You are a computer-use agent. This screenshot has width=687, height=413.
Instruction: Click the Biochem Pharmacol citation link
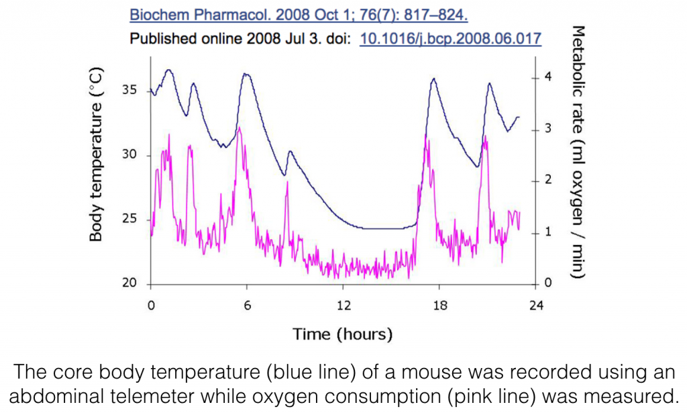click(299, 14)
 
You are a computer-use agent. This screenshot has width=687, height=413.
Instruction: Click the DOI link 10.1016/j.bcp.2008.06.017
click(451, 38)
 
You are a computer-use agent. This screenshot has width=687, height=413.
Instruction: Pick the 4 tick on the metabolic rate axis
click(548, 77)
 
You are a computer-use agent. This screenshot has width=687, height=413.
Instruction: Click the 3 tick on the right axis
click(548, 129)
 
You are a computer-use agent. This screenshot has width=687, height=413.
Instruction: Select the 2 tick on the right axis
click(548, 181)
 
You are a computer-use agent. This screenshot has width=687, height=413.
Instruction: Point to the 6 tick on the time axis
click(247, 306)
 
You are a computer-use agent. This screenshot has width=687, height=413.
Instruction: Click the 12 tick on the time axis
click(343, 306)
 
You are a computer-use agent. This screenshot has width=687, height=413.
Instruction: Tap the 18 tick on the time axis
click(439, 306)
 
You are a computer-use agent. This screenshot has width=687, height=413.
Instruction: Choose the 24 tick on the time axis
click(535, 306)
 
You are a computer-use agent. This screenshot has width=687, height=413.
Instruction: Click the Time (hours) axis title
click(342, 334)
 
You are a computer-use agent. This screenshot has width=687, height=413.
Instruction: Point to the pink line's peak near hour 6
click(240, 128)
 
